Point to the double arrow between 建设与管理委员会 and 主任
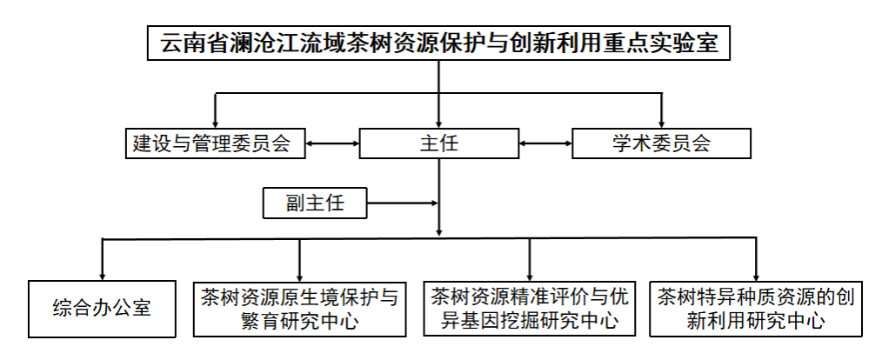click(x=332, y=143)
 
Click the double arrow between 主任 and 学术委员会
click(x=545, y=143)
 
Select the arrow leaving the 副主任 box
click(x=403, y=203)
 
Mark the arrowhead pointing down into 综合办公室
click(x=102, y=276)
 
